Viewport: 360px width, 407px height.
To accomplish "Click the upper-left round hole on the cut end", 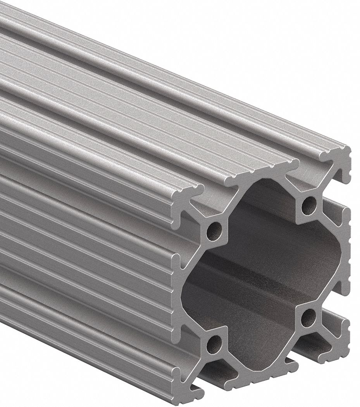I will tap(213, 231).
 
